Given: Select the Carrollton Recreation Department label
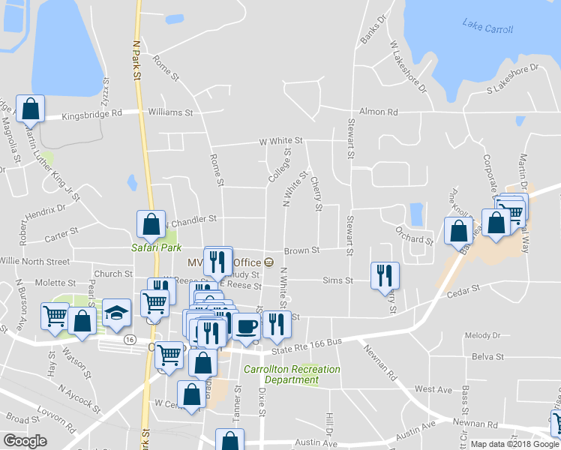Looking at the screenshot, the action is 292,374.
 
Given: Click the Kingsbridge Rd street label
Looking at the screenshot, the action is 91,115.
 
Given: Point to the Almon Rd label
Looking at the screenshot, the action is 378,112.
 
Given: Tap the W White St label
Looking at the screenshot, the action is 280,140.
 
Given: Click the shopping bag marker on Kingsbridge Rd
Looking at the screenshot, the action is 31,108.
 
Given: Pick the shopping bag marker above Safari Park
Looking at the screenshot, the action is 151,223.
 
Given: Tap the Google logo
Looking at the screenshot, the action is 25,441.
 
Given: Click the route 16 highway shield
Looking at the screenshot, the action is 130,340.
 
